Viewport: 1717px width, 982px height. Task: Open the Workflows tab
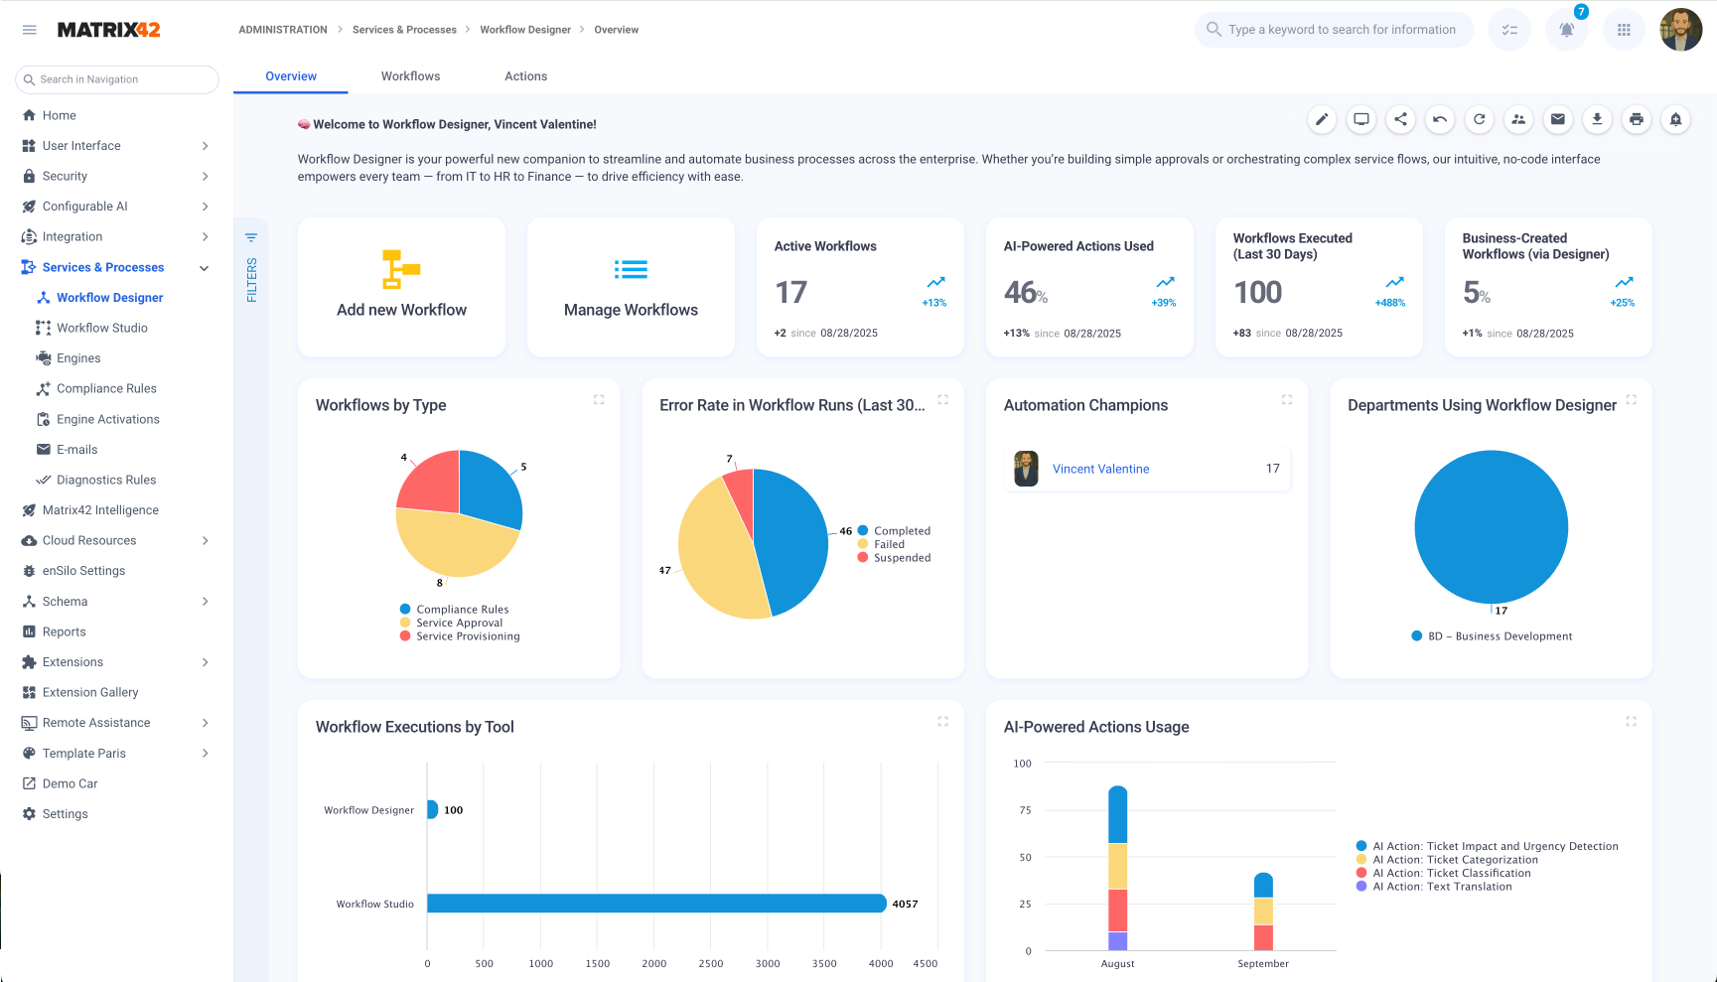pos(410,76)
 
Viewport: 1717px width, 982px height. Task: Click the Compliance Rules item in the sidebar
pos(106,389)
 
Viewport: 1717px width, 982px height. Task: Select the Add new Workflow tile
pos(401,287)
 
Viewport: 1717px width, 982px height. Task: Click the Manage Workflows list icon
pos(631,269)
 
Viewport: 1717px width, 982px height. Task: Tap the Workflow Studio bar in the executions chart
pos(655,904)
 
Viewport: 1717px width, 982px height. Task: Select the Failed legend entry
pos(889,544)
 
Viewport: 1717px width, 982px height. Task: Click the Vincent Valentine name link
pos(1100,469)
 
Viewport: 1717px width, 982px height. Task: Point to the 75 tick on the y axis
pos(1025,810)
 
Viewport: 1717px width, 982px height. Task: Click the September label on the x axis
pos(1263,964)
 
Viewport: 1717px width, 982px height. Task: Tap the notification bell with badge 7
pos(1566,30)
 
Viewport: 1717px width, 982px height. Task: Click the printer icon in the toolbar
pos(1636,119)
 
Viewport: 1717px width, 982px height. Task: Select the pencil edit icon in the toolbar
pos(1321,119)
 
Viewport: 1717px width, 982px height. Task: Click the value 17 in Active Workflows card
pos(790,293)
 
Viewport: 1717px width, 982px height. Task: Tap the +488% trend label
pos(1389,303)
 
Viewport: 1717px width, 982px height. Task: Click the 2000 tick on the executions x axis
pos(653,964)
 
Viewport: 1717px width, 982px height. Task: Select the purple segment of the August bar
pos(1117,940)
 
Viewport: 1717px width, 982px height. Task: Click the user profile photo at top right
pos(1680,30)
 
